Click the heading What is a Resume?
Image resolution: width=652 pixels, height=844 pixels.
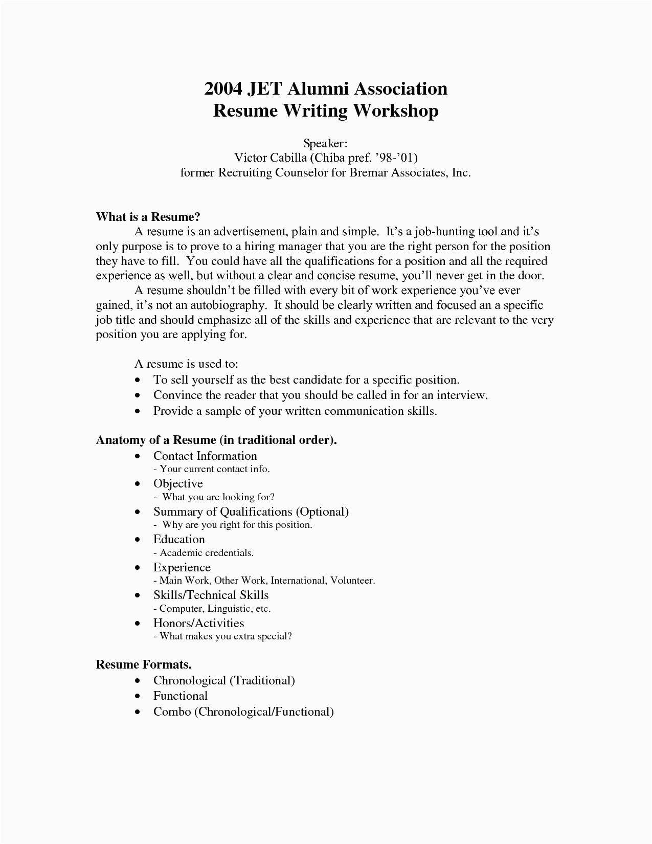click(148, 217)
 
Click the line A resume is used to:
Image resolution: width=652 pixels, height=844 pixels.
click(187, 364)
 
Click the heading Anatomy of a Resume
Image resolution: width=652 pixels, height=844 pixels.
click(216, 440)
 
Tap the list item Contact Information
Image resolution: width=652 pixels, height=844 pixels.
click(205, 456)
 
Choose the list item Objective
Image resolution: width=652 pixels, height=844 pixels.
click(178, 483)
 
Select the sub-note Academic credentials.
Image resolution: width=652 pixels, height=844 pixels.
click(207, 553)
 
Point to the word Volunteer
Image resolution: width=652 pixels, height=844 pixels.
click(353, 581)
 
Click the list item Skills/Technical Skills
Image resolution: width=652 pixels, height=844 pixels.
click(211, 595)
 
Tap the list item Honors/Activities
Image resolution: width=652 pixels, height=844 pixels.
click(198, 623)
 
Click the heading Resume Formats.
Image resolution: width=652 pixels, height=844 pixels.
click(144, 664)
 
